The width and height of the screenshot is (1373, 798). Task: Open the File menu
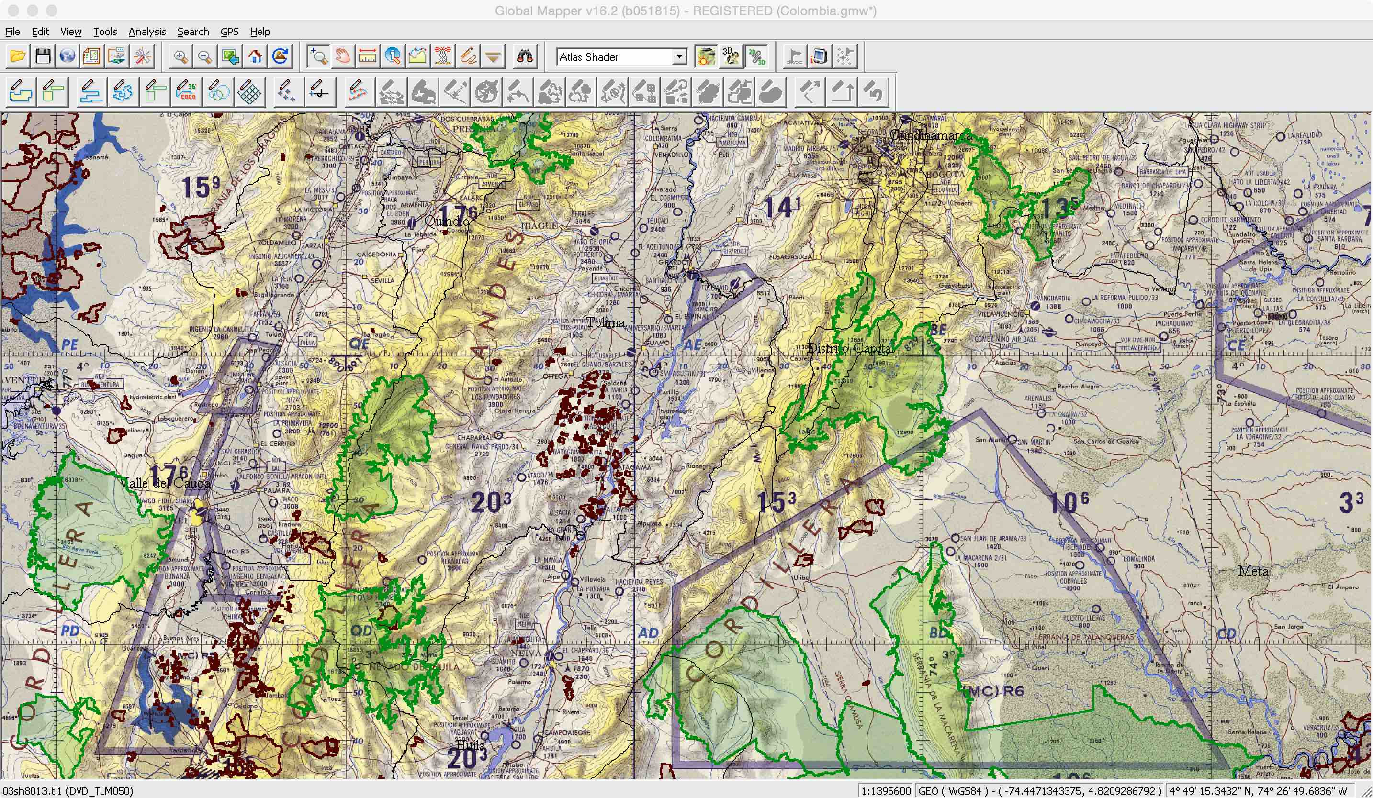click(12, 32)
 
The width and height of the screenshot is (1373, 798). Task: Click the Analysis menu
click(147, 32)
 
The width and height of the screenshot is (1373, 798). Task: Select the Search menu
click(193, 32)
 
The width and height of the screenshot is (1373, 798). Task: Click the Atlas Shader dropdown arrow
click(679, 56)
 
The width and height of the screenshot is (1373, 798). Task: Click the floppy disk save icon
click(43, 56)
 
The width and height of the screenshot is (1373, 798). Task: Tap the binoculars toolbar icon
click(525, 56)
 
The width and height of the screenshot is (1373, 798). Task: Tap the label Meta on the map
click(1253, 572)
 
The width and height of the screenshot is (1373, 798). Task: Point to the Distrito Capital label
click(849, 348)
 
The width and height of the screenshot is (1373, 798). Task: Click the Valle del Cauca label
click(166, 483)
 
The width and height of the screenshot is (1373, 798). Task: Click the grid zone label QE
click(359, 344)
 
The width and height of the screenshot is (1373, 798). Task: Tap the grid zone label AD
click(648, 633)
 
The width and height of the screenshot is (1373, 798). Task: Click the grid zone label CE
click(1236, 345)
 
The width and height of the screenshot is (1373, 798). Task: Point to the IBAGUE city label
click(540, 225)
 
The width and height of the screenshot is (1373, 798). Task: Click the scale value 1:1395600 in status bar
click(886, 791)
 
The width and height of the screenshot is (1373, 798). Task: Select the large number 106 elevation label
click(1069, 502)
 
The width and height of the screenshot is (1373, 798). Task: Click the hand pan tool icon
click(343, 56)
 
